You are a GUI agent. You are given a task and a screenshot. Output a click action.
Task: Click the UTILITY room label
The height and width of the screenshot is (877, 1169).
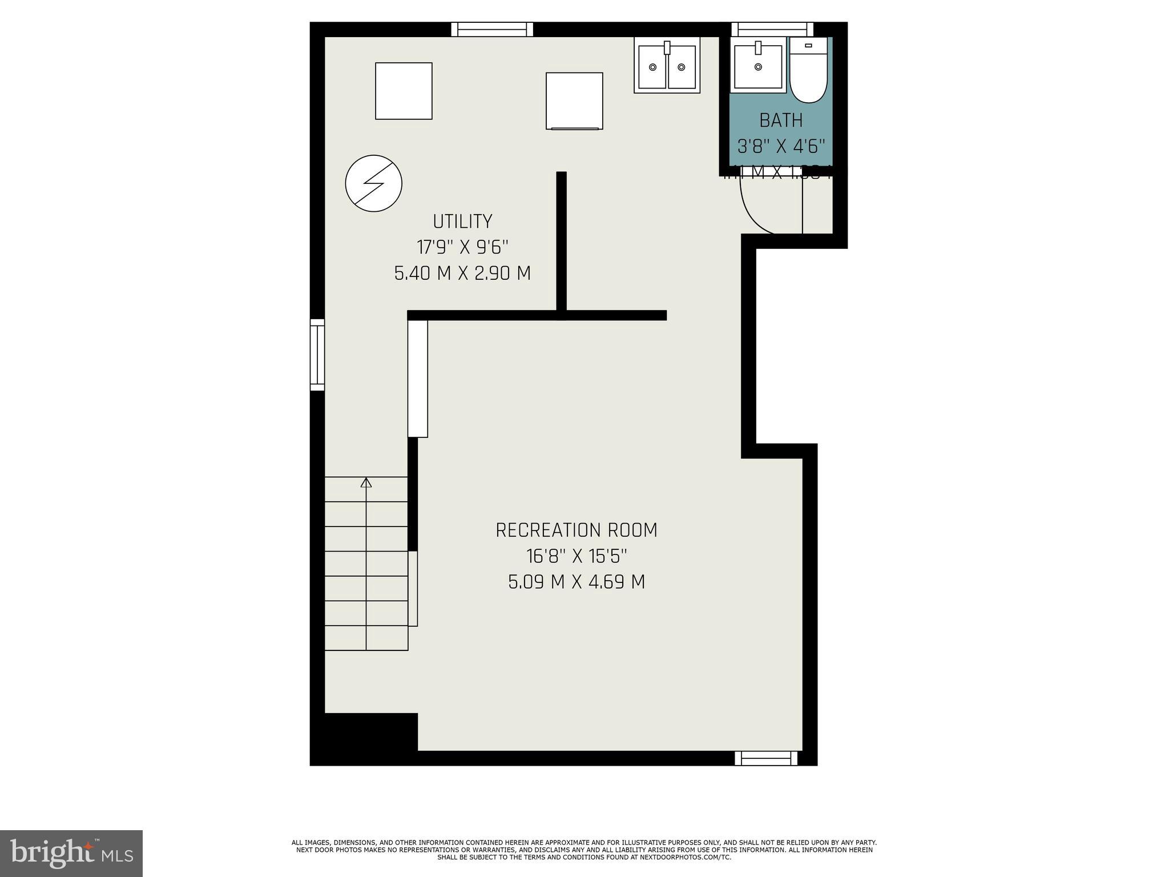(x=462, y=222)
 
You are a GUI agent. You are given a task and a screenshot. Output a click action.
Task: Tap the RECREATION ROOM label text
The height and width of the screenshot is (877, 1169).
(x=576, y=530)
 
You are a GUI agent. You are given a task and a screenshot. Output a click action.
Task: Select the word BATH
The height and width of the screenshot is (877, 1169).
(x=781, y=120)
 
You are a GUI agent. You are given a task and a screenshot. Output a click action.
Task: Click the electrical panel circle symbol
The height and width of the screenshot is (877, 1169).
(x=374, y=183)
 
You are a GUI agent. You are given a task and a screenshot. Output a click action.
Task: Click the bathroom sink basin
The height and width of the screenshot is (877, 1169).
(x=758, y=66)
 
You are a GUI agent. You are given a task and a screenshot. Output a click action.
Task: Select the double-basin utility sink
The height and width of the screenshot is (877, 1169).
(x=667, y=66)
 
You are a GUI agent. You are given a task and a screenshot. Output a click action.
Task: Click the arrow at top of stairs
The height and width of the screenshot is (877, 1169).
(x=366, y=483)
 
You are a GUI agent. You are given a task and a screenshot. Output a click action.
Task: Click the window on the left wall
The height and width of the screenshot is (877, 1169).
(x=317, y=355)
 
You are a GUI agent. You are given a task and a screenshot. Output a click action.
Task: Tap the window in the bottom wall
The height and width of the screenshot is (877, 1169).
(x=766, y=758)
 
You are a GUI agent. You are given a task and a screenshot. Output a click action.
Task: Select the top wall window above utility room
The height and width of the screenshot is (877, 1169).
(x=492, y=29)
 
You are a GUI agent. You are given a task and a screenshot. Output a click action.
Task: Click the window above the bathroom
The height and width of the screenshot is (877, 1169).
(x=772, y=29)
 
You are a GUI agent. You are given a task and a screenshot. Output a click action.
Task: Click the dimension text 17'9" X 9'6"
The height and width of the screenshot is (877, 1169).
(x=462, y=247)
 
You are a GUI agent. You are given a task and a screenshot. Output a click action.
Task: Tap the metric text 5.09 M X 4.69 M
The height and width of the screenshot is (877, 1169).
(x=576, y=582)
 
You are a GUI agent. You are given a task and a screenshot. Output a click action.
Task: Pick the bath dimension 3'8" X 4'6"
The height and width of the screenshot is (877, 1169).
(x=781, y=147)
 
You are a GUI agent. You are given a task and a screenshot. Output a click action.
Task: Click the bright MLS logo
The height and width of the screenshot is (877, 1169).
(x=71, y=854)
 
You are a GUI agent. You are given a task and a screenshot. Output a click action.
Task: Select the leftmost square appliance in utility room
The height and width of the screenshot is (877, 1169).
(x=404, y=91)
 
